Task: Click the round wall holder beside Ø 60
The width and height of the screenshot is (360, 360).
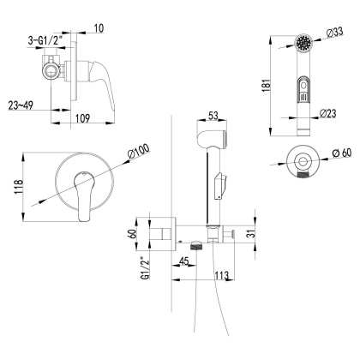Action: pyautogui.click(x=302, y=160)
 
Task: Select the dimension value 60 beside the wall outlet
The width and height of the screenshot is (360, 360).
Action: pyautogui.click(x=135, y=233)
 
